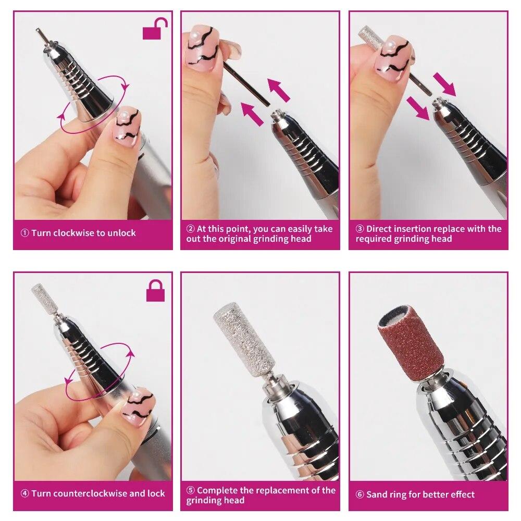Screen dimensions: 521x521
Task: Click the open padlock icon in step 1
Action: (155, 30)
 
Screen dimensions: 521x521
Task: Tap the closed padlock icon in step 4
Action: (155, 290)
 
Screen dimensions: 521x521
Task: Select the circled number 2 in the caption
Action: (191, 229)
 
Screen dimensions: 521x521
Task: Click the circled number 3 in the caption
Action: (359, 229)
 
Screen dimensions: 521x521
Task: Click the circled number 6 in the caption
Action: (359, 494)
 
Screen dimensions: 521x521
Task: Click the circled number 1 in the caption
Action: (24, 233)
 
